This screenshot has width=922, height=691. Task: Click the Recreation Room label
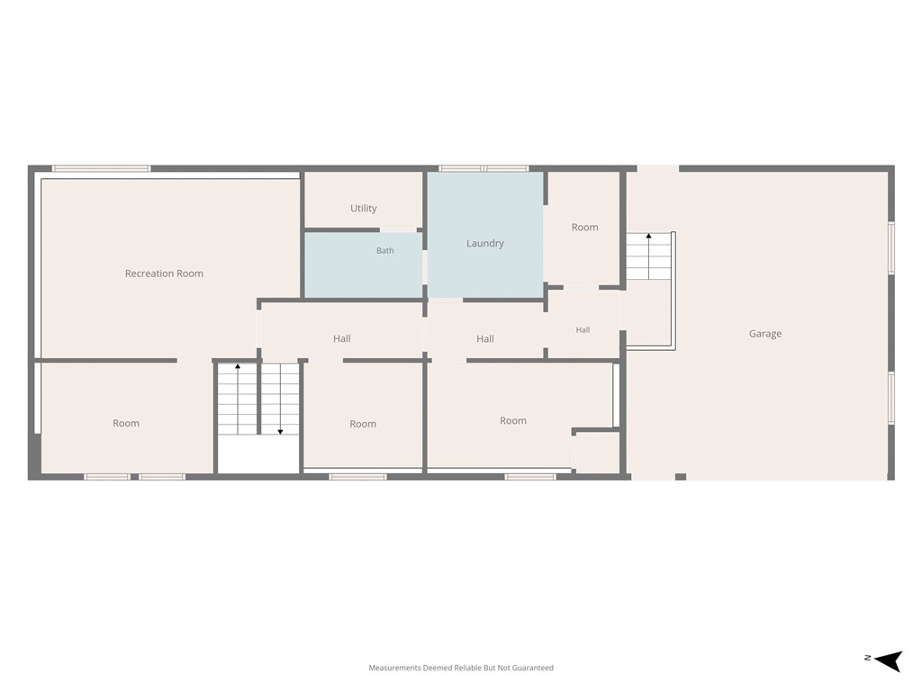164,274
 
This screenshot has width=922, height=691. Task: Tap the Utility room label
364,209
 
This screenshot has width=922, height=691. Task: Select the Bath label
385,251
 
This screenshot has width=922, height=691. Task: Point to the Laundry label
485,243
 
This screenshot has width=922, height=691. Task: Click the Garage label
765,334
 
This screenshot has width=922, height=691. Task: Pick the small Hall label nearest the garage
583,330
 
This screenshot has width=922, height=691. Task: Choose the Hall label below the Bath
341,338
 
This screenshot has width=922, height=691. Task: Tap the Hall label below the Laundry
485,339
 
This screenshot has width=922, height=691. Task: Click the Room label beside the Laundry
584,228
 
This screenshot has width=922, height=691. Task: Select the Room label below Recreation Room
126,423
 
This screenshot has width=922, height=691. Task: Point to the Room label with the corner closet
512,421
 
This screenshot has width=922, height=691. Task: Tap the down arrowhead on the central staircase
281,432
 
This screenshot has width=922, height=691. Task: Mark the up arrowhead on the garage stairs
648,237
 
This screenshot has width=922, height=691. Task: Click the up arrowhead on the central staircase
238,367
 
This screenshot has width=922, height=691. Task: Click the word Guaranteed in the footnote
533,669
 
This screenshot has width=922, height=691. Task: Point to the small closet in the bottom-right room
596,453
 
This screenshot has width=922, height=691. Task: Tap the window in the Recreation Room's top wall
101,168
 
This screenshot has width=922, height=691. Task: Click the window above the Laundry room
484,168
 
